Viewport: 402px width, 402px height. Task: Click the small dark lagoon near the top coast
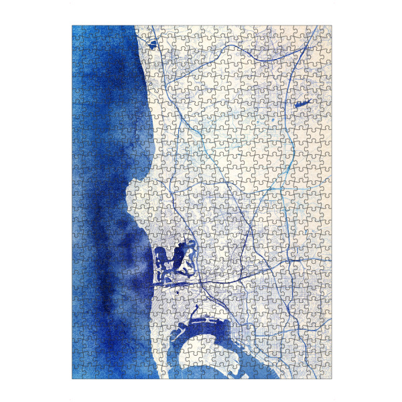pos(152,45)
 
